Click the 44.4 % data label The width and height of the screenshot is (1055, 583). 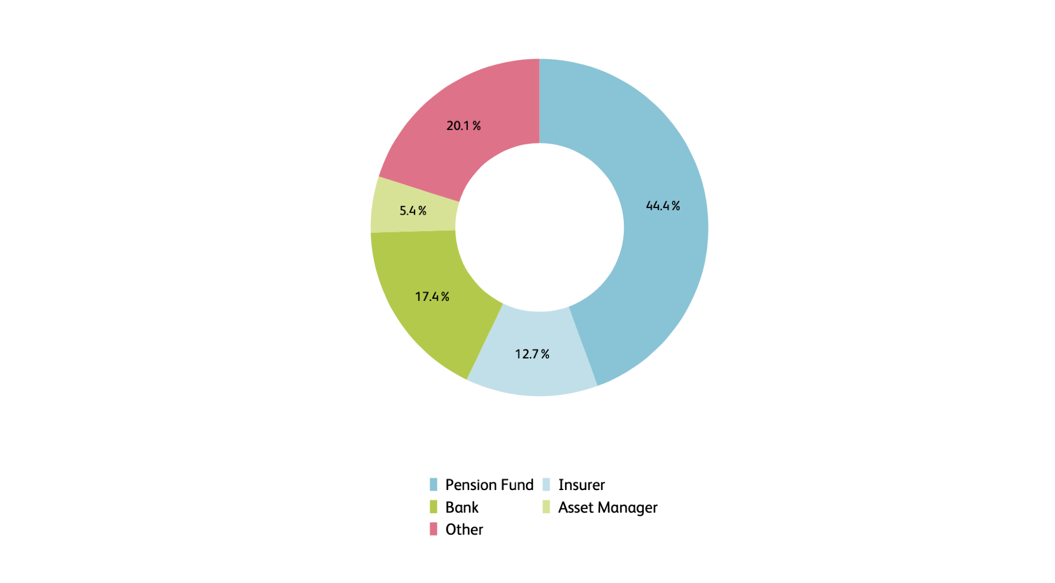[x=663, y=206]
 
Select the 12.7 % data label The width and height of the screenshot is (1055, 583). [x=532, y=354]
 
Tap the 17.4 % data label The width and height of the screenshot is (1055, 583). [x=432, y=296]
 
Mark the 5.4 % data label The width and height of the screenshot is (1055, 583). [x=413, y=211]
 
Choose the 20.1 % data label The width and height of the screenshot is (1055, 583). [x=463, y=126]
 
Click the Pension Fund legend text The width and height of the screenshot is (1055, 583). [x=489, y=485]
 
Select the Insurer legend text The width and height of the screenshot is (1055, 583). [x=581, y=485]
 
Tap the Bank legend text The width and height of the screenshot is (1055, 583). [x=462, y=507]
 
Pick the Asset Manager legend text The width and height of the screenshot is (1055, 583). [x=607, y=507]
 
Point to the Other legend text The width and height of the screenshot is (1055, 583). [x=464, y=529]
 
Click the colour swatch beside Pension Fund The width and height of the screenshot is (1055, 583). [x=433, y=485]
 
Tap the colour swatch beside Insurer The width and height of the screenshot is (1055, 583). [x=546, y=485]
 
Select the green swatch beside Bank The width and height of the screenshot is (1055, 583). [x=433, y=507]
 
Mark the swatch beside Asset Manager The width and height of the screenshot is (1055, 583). [x=546, y=507]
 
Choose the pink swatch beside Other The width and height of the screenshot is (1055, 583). [x=433, y=529]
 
